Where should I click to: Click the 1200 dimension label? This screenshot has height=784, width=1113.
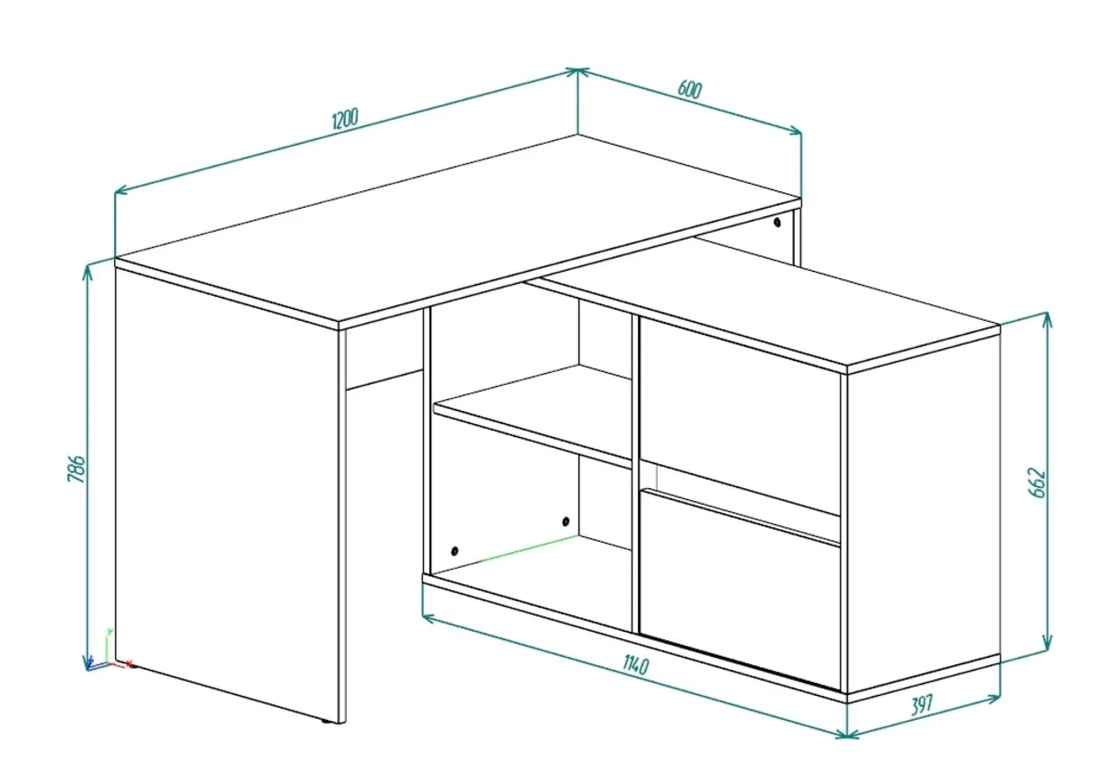tap(345, 119)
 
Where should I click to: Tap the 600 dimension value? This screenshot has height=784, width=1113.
tap(690, 89)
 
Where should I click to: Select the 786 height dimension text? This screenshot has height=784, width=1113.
tap(77, 468)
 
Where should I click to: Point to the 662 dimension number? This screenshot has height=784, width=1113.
tap(1038, 482)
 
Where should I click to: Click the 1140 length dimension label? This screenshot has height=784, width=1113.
tap(636, 664)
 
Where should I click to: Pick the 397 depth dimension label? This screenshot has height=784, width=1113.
tap(923, 705)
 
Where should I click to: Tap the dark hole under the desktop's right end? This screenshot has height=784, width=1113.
tap(777, 223)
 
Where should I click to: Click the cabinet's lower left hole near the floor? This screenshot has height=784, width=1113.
tap(454, 551)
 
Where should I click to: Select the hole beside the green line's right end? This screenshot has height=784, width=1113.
tap(566, 521)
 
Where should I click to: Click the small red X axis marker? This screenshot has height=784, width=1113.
tap(129, 663)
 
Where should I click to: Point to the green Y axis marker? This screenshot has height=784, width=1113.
tap(109, 632)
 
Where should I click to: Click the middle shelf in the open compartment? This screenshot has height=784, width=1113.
tap(532, 414)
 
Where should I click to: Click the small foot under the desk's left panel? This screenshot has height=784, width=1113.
tap(326, 720)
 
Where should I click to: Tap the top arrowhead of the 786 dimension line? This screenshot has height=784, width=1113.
tap(88, 272)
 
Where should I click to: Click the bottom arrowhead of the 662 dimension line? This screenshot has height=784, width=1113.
tap(1047, 644)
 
